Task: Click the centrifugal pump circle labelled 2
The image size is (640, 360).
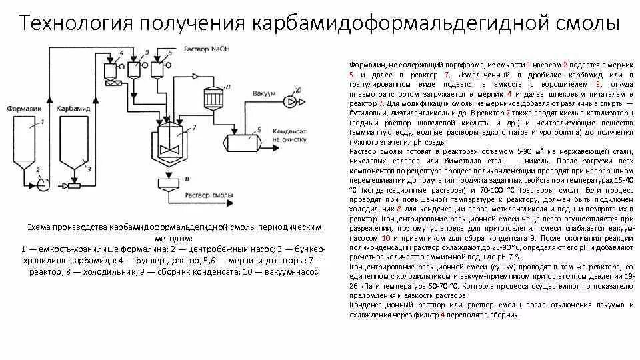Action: coord(43,184)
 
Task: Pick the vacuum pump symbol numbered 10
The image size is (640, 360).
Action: coord(288,101)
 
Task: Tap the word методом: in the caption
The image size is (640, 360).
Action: coord(175,239)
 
